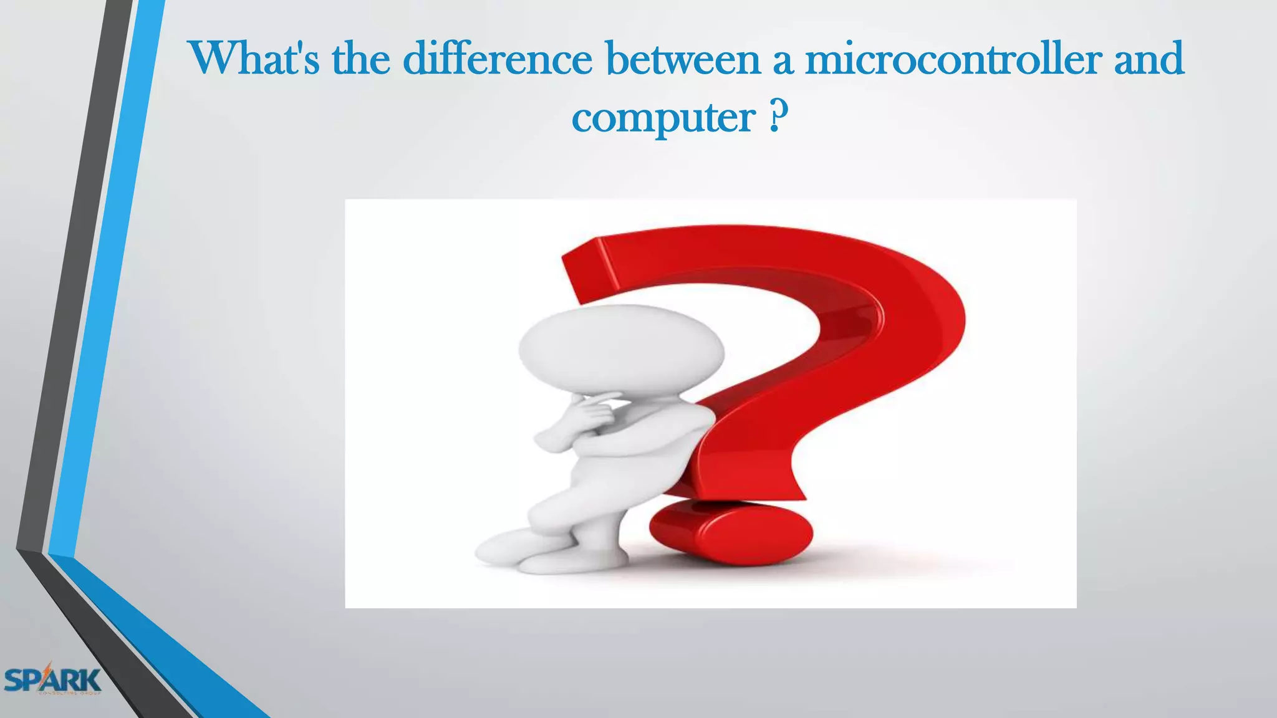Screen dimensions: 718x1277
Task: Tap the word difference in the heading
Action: pos(497,59)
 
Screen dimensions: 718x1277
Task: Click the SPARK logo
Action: pos(52,680)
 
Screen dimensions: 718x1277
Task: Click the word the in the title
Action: pos(361,59)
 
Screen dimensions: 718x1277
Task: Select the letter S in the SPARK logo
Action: pos(15,680)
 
